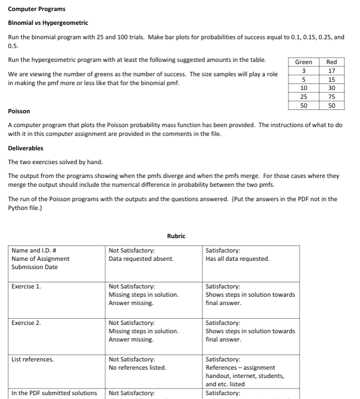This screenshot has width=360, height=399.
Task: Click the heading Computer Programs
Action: (36, 9)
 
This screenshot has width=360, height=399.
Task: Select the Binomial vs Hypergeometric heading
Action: (48, 23)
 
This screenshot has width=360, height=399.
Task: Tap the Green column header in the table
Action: (304, 62)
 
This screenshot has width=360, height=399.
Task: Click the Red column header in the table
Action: (331, 62)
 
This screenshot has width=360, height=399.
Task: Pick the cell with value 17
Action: (331, 71)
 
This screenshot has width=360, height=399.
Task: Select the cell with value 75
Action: (331, 97)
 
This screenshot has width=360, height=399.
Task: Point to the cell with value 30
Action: (331, 88)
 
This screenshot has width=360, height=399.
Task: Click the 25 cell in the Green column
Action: (304, 97)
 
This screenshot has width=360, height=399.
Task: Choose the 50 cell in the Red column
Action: (331, 105)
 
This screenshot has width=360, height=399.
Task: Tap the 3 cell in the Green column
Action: (304, 71)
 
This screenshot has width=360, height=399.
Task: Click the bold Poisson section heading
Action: (19, 111)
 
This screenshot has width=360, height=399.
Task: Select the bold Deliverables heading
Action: (25, 148)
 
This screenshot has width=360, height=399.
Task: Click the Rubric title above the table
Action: (176, 236)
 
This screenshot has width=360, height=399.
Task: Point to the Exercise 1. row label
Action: (26, 286)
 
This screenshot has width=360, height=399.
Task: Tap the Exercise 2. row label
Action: (26, 323)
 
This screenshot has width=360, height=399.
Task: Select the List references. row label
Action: (33, 359)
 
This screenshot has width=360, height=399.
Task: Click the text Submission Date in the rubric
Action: (34, 267)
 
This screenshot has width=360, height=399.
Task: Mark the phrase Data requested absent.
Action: (141, 259)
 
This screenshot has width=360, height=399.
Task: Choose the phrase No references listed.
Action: (137, 368)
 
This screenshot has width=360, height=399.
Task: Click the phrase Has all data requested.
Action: (237, 259)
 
